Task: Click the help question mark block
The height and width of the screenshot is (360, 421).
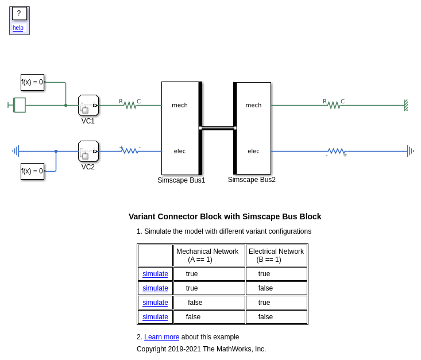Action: [19, 13]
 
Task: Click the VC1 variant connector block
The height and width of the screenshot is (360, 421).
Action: [88, 105]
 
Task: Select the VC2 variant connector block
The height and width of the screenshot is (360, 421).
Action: [88, 151]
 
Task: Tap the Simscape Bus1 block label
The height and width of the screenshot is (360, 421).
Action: [181, 180]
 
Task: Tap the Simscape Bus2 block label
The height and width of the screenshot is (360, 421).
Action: [252, 180]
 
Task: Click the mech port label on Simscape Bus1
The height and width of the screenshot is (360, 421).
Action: [180, 105]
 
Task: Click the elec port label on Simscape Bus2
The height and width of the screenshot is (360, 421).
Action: [253, 151]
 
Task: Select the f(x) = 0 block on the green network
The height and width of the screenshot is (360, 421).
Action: [32, 82]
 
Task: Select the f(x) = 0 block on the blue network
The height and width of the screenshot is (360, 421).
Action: [32, 171]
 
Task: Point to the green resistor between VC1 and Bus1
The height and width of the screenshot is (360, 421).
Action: [130, 105]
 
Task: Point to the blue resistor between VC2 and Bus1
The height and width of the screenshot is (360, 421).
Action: [130, 151]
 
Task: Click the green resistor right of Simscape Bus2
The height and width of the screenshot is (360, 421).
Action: [334, 105]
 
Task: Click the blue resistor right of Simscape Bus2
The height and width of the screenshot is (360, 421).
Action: [336, 152]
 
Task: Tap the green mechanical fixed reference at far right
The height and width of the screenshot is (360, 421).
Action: [405, 105]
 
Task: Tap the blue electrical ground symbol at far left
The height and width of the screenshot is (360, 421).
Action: [16, 151]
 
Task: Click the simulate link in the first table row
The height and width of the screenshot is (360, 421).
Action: [155, 274]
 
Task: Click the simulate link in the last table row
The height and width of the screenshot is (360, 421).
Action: [155, 317]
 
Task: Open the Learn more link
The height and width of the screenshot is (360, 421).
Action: [161, 337]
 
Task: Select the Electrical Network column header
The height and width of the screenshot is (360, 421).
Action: [276, 255]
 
